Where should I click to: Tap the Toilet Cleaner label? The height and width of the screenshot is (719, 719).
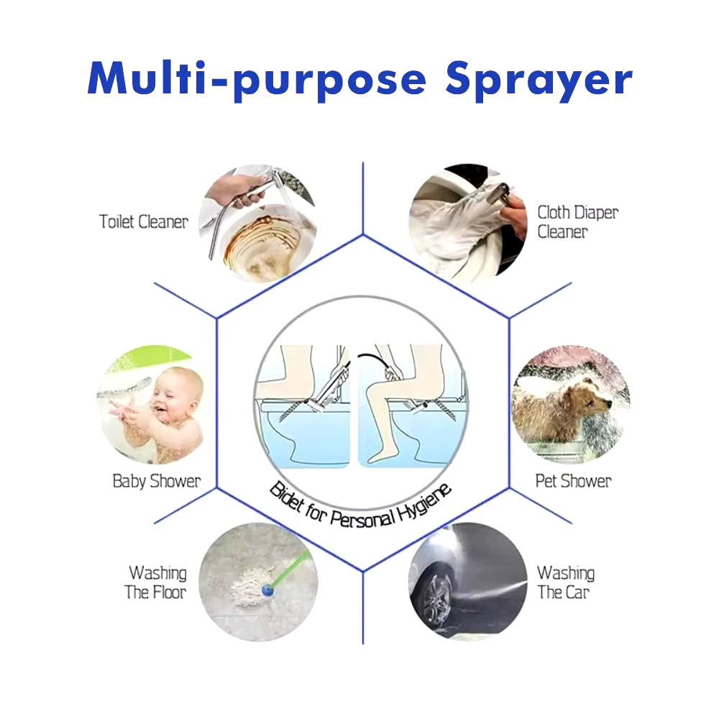coord(143,221)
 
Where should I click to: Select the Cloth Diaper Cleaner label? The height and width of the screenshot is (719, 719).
coord(577,221)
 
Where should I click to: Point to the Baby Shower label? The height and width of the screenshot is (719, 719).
coord(157,480)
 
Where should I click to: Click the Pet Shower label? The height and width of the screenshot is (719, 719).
coord(573,480)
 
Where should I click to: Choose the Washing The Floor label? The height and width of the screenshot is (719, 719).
coord(156,582)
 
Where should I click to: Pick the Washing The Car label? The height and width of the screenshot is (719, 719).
coord(565,582)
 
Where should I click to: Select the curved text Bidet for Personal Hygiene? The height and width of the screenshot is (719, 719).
coord(359,503)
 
